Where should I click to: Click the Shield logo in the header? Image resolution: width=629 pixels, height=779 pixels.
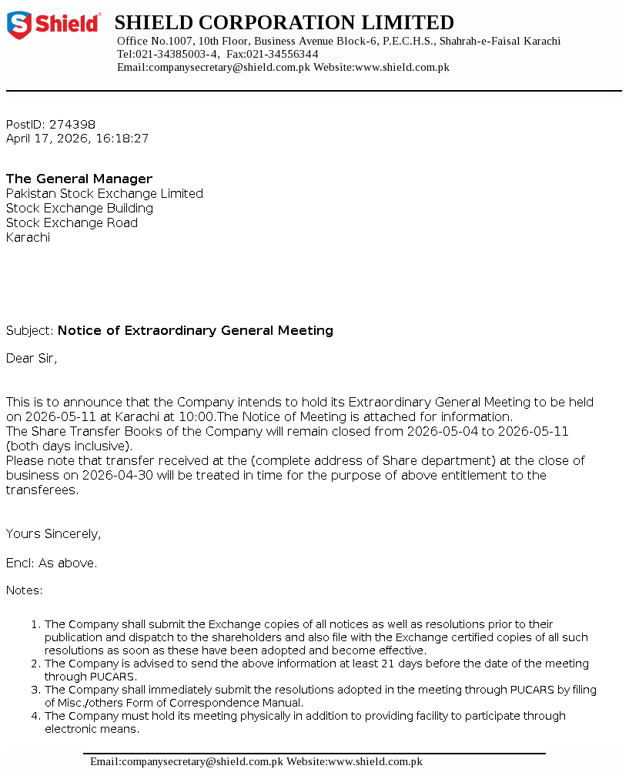click(x=54, y=25)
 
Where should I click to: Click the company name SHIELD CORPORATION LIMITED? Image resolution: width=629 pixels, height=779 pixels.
click(x=284, y=22)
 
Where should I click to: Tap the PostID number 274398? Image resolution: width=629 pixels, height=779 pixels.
click(x=72, y=124)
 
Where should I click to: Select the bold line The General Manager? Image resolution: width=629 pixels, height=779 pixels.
click(x=79, y=179)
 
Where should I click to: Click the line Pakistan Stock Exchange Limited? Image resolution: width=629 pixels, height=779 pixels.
click(x=105, y=193)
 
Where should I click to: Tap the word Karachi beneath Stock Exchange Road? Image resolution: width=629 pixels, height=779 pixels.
click(x=28, y=237)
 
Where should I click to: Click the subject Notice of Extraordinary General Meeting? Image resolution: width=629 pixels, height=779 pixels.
click(x=196, y=330)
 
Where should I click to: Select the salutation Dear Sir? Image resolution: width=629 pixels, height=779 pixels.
click(x=32, y=358)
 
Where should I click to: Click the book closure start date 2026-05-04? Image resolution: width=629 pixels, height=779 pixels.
click(x=443, y=431)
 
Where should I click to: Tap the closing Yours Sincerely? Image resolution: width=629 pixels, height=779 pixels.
click(x=53, y=533)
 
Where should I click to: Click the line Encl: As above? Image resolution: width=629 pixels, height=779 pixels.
click(x=52, y=563)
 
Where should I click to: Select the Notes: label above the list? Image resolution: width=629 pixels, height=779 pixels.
click(x=25, y=590)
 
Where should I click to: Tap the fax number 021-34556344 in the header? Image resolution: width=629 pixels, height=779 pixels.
click(x=283, y=54)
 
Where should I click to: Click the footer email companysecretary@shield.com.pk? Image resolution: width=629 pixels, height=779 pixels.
click(x=186, y=761)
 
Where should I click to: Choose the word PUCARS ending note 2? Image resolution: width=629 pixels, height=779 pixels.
click(x=112, y=677)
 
